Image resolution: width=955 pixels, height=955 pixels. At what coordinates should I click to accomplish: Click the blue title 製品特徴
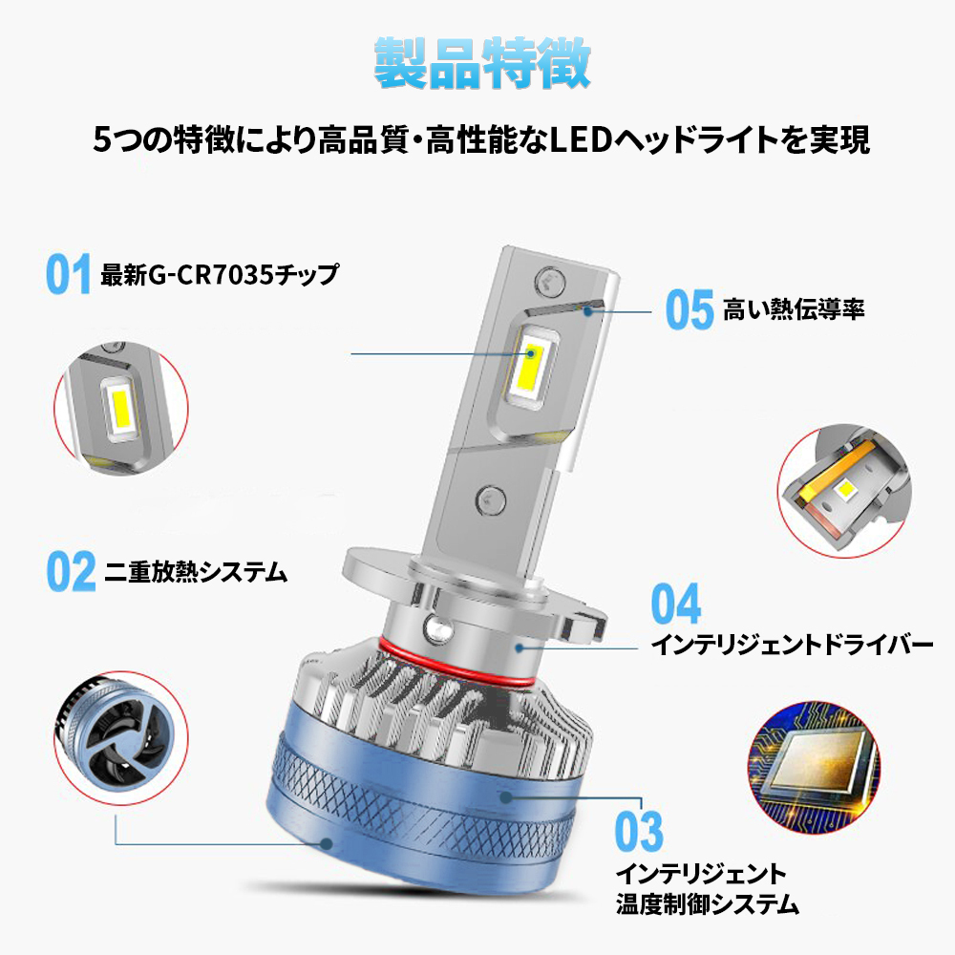click(x=481, y=63)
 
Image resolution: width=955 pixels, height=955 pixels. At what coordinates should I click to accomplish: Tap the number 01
click(x=68, y=274)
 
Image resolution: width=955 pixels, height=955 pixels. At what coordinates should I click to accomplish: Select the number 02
click(x=72, y=571)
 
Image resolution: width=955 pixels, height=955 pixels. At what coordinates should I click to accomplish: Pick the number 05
click(x=690, y=309)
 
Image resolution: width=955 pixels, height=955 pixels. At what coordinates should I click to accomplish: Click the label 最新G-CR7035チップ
click(x=220, y=275)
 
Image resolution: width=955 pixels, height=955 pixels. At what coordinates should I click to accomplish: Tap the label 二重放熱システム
click(x=196, y=572)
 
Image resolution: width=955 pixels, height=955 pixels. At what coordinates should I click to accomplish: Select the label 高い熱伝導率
click(x=794, y=309)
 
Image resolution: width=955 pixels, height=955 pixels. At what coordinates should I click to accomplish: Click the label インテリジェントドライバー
click(x=792, y=645)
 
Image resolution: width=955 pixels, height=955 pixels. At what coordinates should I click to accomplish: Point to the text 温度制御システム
click(x=707, y=903)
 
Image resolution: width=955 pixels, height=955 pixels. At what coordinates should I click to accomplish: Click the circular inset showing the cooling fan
click(x=120, y=738)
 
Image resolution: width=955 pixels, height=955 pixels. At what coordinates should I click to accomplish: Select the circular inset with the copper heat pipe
click(x=844, y=491)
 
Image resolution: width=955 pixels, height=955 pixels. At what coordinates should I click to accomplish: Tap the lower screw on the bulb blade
click(x=490, y=500)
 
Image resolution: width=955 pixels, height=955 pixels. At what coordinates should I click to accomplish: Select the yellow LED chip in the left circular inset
click(x=120, y=409)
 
